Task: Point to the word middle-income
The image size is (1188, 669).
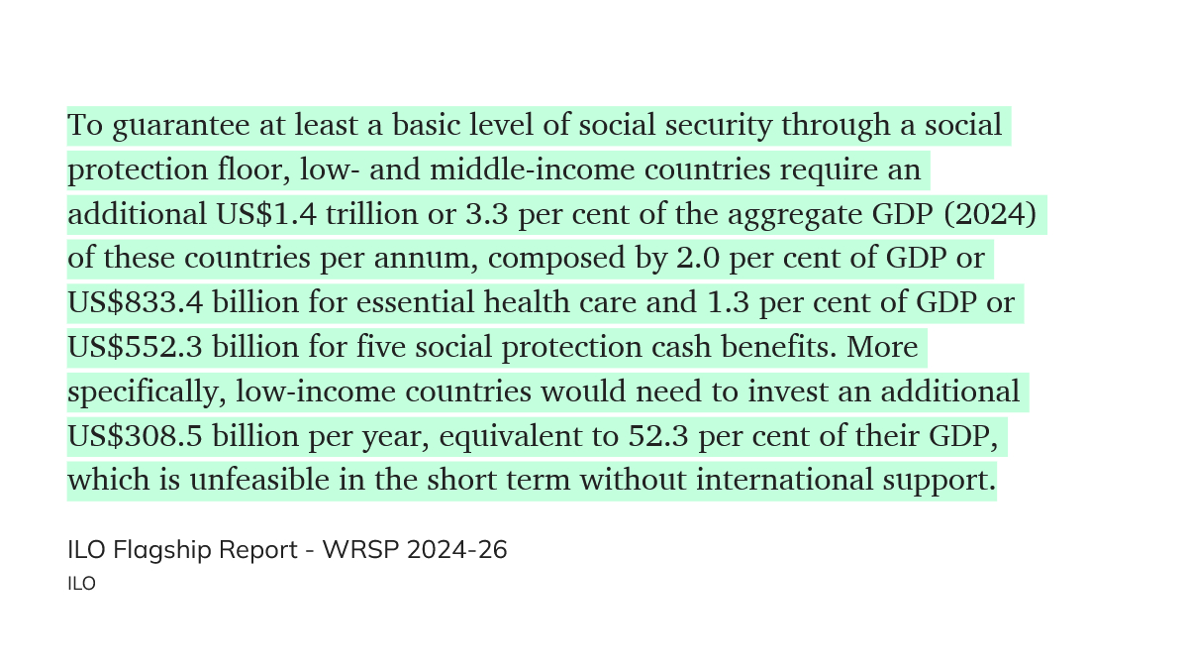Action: pyautogui.click(x=533, y=170)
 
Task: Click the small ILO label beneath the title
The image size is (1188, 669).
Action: pyautogui.click(x=81, y=584)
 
